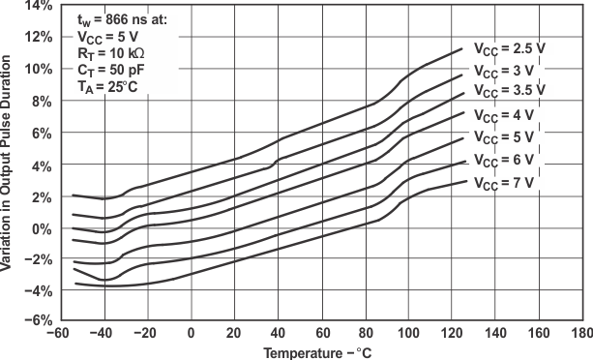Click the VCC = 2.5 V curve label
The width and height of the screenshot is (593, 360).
point(509,47)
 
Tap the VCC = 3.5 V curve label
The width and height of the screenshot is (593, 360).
point(509,90)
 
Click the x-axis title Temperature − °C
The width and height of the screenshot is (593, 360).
point(319,351)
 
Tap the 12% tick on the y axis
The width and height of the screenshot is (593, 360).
point(36,38)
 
